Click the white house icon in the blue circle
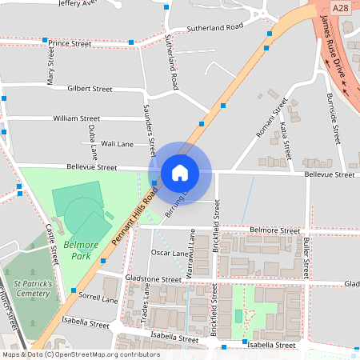coord(180,173)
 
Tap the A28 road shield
coord(340,7)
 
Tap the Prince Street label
coord(70,42)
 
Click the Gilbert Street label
coord(90,89)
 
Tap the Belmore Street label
coord(274,230)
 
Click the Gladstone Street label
coord(154,280)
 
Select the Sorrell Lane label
coord(98,298)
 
